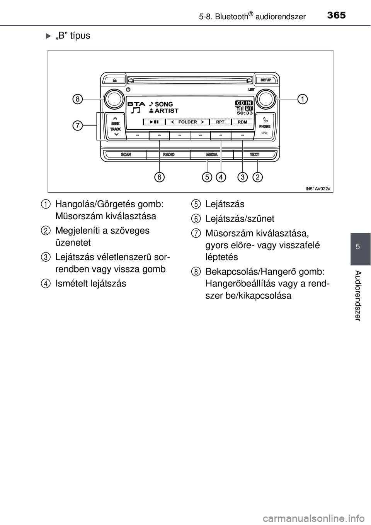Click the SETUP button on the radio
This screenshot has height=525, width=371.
tap(265, 80)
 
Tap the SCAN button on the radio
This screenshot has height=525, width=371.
tap(126, 154)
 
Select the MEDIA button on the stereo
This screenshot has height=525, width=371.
tap(212, 154)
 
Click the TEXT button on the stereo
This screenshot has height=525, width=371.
tap(254, 154)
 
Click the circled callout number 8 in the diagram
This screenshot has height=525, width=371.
tap(78, 99)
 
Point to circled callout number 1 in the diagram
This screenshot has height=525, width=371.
tap(302, 99)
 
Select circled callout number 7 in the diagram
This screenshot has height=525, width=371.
tap(78, 125)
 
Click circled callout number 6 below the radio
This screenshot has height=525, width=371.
tap(159, 177)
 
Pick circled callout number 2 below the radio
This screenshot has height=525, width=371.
tap(258, 177)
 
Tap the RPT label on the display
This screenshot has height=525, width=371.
tap(220, 122)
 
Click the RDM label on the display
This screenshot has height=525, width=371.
tap(242, 122)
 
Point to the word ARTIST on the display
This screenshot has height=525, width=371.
tap(167, 111)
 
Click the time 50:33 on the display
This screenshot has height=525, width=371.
tap(245, 113)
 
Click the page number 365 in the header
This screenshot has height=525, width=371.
tap(336, 15)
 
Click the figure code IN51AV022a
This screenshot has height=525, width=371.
tap(317, 189)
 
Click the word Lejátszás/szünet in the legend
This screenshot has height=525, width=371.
tap(240, 219)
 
